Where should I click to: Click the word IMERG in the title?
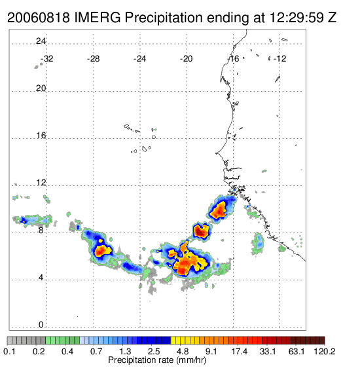pos(98,18)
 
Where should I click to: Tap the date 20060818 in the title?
pos(39,18)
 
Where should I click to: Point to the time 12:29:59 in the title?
pos(297,18)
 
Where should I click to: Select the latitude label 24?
pos(41,41)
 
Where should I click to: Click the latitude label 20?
pos(41,88)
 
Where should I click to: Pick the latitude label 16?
pos(41,136)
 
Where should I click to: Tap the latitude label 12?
pos(41,183)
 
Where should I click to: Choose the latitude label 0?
pos(41,325)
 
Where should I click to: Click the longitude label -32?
pos(47,59)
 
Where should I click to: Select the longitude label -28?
pos(94,59)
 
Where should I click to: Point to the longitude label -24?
pos(140,59)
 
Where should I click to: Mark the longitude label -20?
pos(187,59)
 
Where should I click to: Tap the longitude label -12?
pos(279,59)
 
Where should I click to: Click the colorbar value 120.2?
pos(325,351)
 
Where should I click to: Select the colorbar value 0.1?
pos(9,351)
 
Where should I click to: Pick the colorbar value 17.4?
pos(240,351)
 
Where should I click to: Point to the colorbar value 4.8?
pos(183,351)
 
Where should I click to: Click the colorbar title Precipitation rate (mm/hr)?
pos(157,360)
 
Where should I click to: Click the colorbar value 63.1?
pos(297,351)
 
